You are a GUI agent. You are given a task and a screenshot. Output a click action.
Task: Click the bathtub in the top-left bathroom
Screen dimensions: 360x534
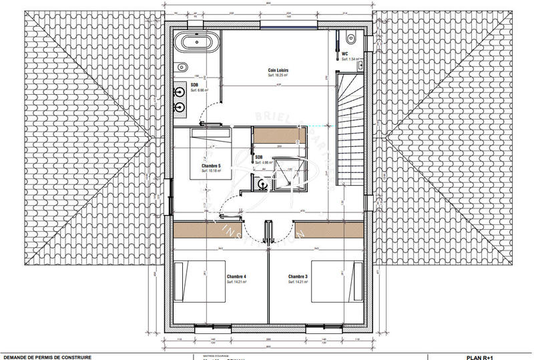(196, 44)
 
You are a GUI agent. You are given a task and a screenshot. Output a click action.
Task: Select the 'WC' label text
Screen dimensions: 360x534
(345, 53)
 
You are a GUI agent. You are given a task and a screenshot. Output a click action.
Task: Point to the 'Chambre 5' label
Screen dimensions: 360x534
(211, 165)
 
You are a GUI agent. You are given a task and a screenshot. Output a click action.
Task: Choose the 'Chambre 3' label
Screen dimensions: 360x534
(298, 276)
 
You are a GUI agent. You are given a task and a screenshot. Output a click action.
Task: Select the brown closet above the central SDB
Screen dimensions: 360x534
(279, 134)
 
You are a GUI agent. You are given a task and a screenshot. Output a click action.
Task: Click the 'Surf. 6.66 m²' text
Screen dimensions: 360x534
(200, 90)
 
